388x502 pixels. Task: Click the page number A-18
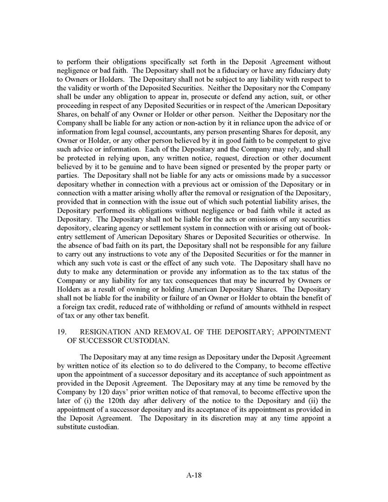coord(194,475)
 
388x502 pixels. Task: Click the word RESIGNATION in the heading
coord(104,332)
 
